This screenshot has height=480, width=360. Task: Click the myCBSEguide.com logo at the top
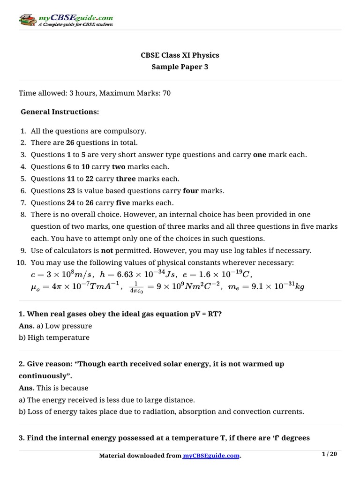click(x=66, y=20)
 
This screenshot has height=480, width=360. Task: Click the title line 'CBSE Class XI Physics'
click(x=180, y=55)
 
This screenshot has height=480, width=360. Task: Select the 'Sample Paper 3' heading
click(x=180, y=67)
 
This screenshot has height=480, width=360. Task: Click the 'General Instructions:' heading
click(x=60, y=112)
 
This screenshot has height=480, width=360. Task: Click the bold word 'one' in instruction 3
click(x=259, y=155)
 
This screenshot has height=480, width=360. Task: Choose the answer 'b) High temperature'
click(x=54, y=337)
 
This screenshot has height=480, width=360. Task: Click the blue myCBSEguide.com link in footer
click(x=211, y=455)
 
